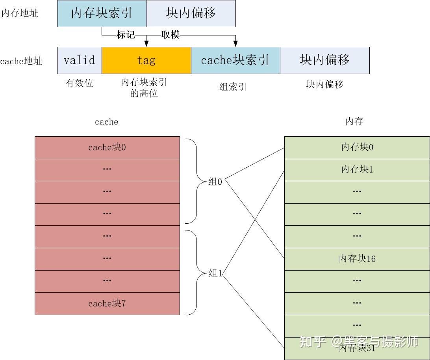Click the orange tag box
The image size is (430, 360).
coord(146,60)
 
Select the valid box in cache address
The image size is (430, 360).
coord(80,60)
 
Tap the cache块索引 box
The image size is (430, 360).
coord(235,60)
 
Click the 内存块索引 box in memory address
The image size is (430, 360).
coord(102,13)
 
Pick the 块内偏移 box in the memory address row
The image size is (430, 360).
coord(191,13)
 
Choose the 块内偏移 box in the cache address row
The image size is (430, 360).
coord(325,60)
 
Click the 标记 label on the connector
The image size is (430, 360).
coord(126,35)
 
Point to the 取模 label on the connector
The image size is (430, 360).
coord(171,35)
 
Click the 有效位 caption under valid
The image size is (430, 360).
coord(79,83)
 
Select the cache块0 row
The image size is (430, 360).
coord(107,148)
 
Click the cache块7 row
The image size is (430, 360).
coord(107,304)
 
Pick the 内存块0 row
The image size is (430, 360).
coord(357,147)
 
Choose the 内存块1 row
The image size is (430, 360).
coord(357,170)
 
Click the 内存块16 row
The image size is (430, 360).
coord(357,259)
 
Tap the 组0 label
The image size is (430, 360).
coord(215,182)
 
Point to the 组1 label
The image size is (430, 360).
coord(215,273)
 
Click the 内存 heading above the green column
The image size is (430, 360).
coord(354,122)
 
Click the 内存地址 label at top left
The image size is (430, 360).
coord(20,13)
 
